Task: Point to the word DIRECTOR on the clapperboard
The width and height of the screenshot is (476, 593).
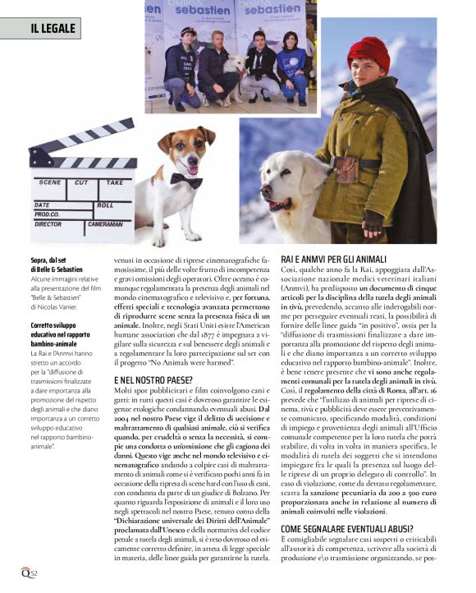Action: [x=48, y=223]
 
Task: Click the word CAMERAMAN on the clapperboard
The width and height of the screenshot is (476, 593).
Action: [x=105, y=223]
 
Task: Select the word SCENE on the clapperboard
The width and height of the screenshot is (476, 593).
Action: [x=50, y=182]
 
